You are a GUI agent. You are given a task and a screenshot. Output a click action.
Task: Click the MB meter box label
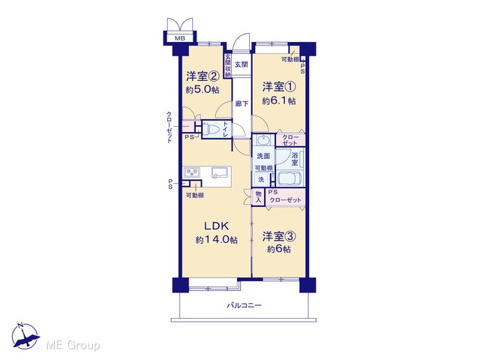coord(180,38)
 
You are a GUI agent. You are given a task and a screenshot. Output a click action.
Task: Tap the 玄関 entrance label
coord(241,64)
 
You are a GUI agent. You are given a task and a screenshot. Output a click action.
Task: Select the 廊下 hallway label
coord(241,104)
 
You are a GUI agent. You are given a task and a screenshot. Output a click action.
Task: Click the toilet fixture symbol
coord(211,129)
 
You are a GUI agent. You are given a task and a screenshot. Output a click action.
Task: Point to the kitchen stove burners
coord(191,172)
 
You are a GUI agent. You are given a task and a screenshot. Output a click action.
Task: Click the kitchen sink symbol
coord(220,172)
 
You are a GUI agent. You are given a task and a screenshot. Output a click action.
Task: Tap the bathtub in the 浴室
coord(290,178)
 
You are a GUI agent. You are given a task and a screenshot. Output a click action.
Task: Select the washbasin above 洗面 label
coord(262,140)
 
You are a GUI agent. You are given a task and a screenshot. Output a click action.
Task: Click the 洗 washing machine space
coord(261,180)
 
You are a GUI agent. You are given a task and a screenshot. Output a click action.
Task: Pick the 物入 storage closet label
coord(258,196)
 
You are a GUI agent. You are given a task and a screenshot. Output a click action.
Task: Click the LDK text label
coord(217,226)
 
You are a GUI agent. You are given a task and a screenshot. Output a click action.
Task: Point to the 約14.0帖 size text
coord(217,240)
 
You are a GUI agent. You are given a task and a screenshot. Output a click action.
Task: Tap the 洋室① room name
coord(279,87)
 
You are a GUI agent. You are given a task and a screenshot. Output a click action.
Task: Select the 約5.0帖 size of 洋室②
coord(202,90)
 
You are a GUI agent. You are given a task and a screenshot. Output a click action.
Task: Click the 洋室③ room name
coord(279,236)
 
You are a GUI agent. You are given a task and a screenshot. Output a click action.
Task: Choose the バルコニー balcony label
coord(244,305)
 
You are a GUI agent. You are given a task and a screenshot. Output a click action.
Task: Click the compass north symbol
coord(25,336)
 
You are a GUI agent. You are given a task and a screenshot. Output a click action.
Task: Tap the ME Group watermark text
coord(73,345)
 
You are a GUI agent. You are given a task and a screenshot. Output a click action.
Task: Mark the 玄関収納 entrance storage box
coord(228,65)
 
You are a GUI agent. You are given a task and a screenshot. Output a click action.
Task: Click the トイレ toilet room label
coord(226,129)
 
